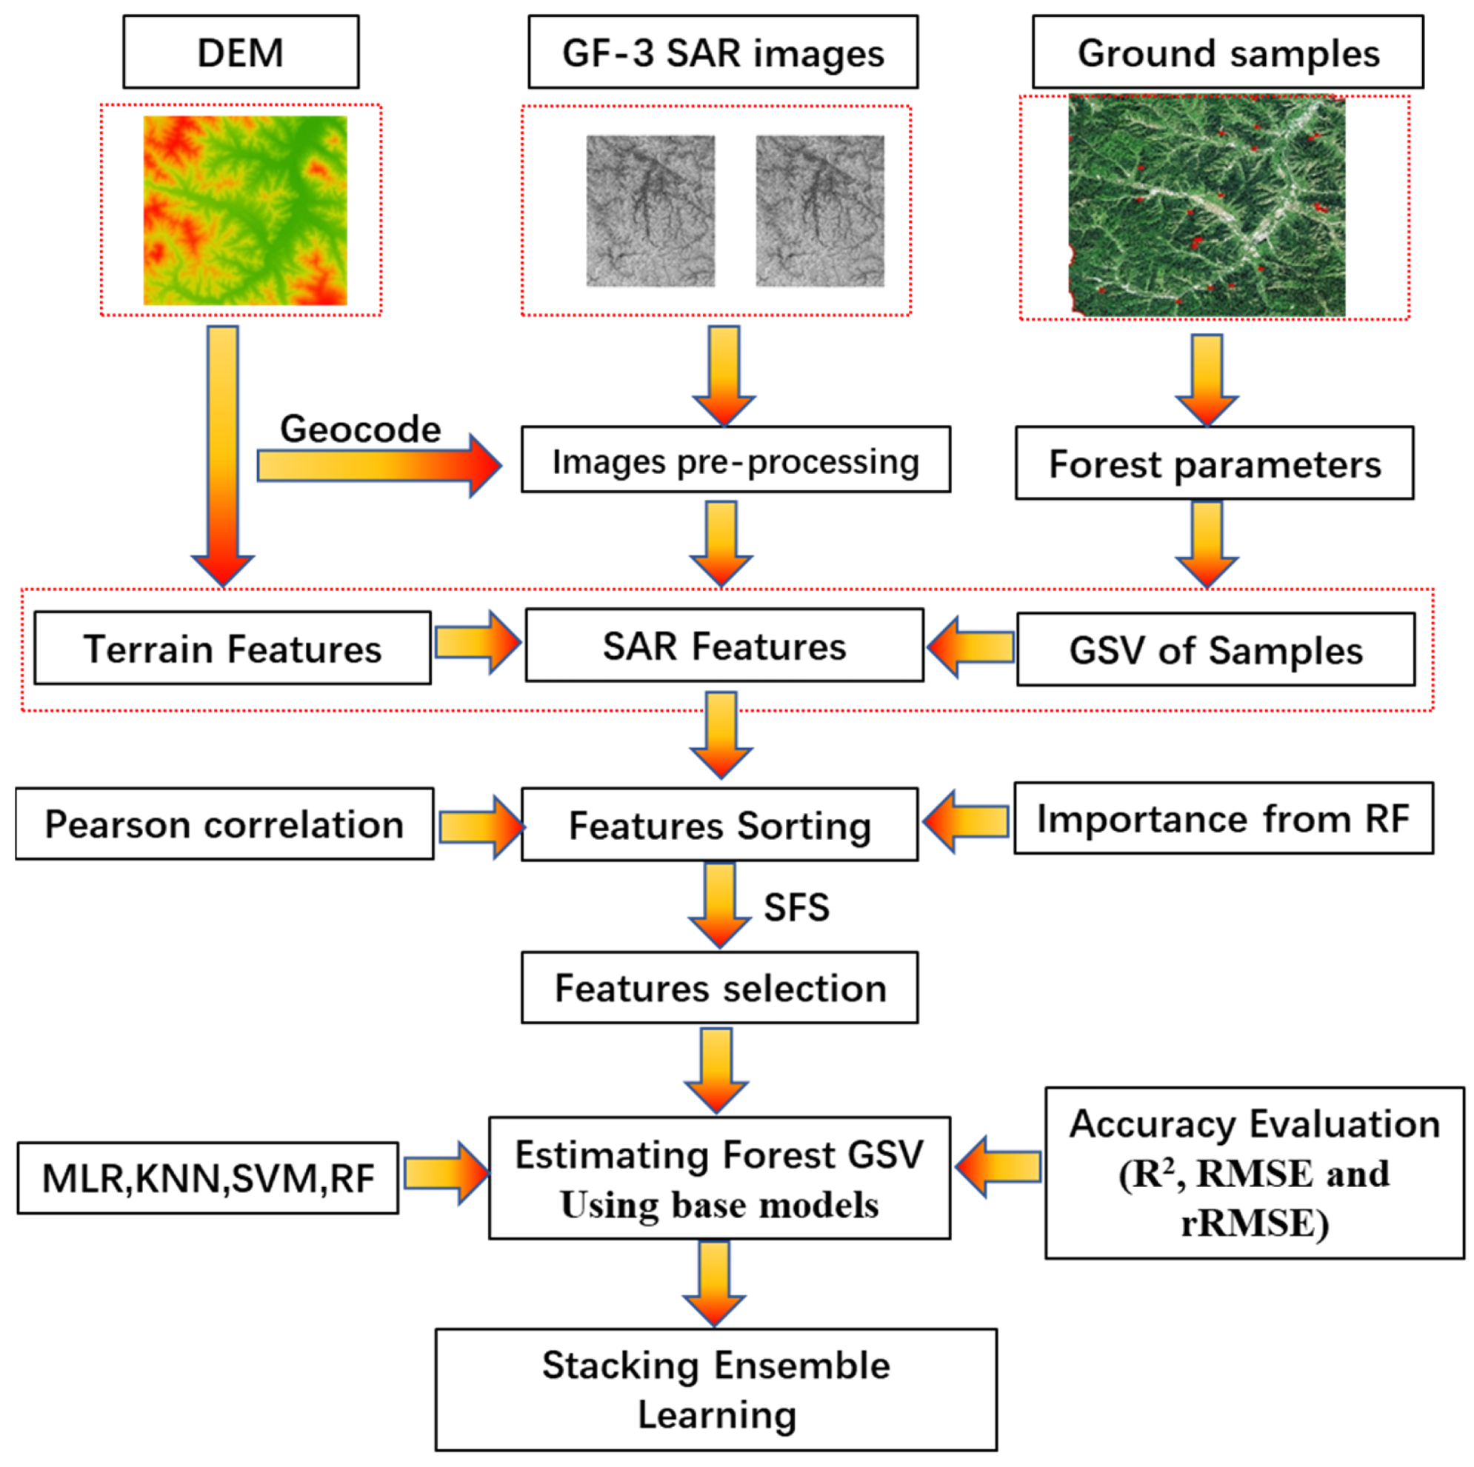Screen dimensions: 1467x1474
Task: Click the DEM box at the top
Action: click(x=240, y=52)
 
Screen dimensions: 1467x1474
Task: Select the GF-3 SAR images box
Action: click(x=722, y=52)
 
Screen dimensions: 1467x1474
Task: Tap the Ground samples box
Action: click(x=1227, y=52)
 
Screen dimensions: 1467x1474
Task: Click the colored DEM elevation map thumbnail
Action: click(x=245, y=210)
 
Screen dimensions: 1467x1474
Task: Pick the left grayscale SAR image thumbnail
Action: click(x=650, y=210)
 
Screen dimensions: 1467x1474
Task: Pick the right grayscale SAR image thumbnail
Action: click(x=819, y=210)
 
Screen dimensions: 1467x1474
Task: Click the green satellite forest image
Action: click(x=1207, y=206)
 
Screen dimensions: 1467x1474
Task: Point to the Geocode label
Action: click(x=360, y=429)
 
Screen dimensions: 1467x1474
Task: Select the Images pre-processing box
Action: click(x=736, y=460)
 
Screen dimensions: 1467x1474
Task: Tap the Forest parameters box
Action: click(x=1214, y=463)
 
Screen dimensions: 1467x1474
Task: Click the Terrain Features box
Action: click(x=233, y=648)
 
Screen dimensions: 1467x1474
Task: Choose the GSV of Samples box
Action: click(x=1215, y=649)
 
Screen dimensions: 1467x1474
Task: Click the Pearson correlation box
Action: click(x=224, y=824)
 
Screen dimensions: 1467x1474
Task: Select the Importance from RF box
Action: click(x=1223, y=818)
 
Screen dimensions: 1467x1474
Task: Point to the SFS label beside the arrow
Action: click(x=796, y=907)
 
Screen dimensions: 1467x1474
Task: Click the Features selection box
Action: click(x=719, y=987)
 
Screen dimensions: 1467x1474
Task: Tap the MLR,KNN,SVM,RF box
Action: click(x=207, y=1178)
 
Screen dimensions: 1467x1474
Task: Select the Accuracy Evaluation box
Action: click(x=1254, y=1173)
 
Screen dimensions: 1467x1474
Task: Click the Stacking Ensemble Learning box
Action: click(x=716, y=1389)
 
